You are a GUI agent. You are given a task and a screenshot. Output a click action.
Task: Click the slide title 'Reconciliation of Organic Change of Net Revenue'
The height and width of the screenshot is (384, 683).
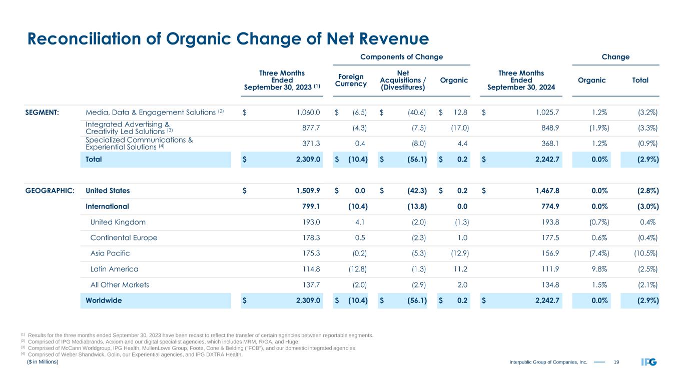click(228, 38)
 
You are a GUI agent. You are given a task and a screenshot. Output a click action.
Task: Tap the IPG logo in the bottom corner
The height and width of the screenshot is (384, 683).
click(649, 362)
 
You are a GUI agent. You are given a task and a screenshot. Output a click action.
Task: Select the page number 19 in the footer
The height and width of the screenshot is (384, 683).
click(616, 362)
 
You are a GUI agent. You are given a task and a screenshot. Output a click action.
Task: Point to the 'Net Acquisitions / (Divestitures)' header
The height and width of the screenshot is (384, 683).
click(403, 80)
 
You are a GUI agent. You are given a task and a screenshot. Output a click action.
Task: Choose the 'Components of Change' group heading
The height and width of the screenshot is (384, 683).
click(402, 57)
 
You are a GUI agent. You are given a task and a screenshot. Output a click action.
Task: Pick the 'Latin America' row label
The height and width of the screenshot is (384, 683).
click(114, 269)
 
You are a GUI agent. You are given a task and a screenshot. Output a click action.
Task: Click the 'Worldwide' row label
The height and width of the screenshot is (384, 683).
click(104, 300)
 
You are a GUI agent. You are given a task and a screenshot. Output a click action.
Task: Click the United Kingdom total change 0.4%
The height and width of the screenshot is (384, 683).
click(649, 222)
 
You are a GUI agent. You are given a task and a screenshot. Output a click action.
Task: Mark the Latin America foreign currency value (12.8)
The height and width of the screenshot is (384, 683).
click(357, 269)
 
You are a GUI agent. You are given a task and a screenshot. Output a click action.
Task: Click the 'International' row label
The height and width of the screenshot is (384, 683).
click(107, 206)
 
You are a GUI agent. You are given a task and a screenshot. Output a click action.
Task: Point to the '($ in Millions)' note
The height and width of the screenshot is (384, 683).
click(43, 361)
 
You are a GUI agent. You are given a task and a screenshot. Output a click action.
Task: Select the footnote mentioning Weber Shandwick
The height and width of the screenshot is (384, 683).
click(135, 354)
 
